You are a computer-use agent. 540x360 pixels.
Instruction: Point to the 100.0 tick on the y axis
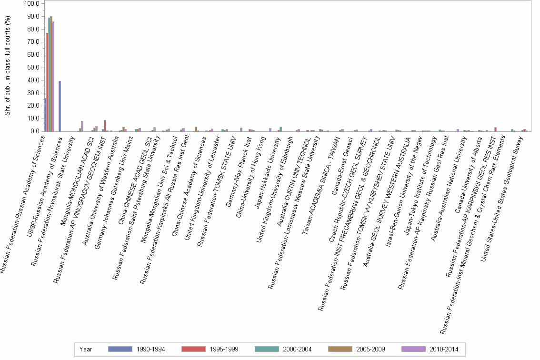(x=32, y=3)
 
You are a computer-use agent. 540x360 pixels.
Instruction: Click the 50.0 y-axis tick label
(x=33, y=68)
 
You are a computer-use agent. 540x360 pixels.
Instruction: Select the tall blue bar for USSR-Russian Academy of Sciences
(x=60, y=106)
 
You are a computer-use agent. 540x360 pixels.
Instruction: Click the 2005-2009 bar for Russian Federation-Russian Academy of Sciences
(x=51, y=74)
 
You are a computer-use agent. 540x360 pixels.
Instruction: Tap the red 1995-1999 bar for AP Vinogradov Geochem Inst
(x=105, y=126)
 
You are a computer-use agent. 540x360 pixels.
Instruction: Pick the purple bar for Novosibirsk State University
(x=82, y=126)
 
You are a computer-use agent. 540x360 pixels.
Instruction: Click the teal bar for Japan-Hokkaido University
(x=281, y=129)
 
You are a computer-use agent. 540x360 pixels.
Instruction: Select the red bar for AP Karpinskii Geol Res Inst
(x=496, y=129)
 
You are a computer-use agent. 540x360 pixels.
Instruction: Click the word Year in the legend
(x=86, y=349)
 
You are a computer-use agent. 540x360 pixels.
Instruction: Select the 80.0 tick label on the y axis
(x=33, y=29)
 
